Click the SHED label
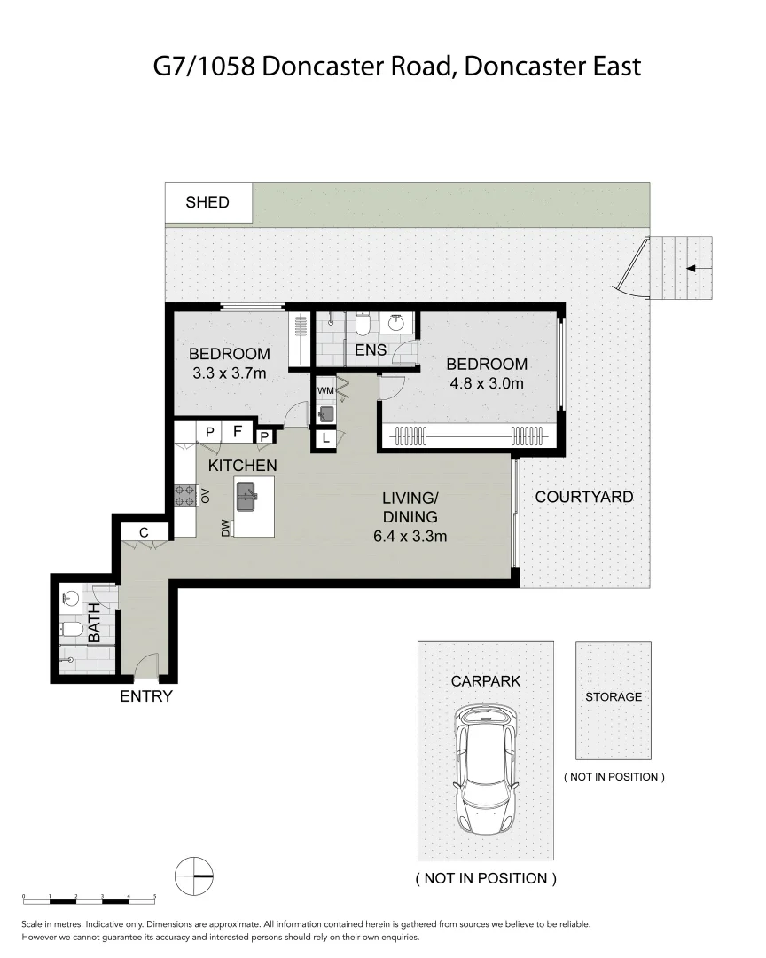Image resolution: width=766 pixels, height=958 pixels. [207, 202]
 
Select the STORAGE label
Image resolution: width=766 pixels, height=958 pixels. [613, 697]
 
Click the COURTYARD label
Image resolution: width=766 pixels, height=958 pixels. [583, 497]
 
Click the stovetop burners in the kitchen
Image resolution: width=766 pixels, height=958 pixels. [184, 495]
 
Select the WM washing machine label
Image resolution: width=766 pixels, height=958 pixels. [324, 390]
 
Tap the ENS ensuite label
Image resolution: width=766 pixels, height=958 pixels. [370, 350]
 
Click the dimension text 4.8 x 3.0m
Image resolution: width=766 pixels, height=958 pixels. [486, 384]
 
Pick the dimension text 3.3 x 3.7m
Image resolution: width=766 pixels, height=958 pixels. [229, 373]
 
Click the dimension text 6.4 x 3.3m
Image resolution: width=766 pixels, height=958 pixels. [409, 536]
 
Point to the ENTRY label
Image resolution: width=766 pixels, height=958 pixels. [145, 697]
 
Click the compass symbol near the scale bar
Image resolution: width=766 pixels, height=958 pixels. [194, 876]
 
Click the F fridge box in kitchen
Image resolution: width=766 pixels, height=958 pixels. [237, 432]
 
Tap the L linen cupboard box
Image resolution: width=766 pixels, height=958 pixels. [325, 438]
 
